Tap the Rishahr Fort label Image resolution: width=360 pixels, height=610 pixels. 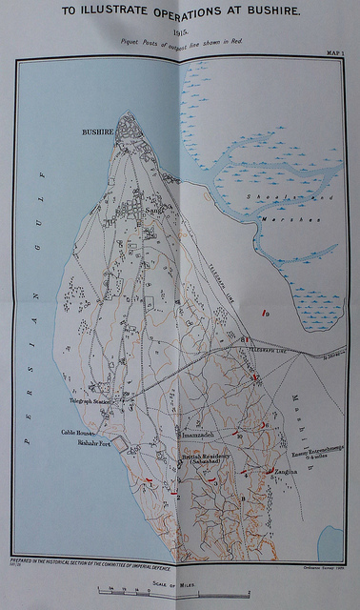point(94,443)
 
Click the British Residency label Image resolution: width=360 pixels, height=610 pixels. point(208,458)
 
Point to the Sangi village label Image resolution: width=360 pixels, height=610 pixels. point(154,209)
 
